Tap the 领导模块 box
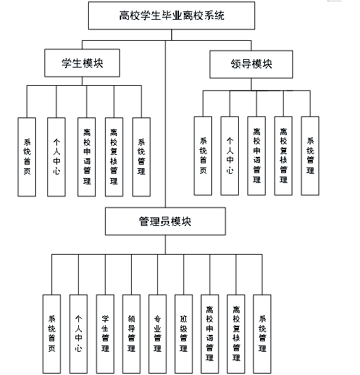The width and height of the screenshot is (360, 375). (251, 65)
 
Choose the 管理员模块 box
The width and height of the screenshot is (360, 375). (166, 221)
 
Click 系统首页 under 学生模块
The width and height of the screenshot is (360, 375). (27, 155)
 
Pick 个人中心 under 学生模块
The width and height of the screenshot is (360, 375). (56, 155)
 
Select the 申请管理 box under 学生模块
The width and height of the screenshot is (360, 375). (86, 155)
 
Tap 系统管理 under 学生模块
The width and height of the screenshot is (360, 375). (141, 155)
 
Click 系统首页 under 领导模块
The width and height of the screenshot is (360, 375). (203, 155)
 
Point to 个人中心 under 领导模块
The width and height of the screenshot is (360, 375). (229, 155)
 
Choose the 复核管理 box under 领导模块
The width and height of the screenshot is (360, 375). (283, 155)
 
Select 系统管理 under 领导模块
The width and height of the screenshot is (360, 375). (310, 155)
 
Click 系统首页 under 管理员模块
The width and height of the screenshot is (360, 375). (51, 333)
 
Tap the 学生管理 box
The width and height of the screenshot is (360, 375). (105, 333)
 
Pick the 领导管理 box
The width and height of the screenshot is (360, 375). (131, 333)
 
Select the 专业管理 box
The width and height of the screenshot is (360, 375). (157, 333)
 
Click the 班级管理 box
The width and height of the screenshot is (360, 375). (183, 333)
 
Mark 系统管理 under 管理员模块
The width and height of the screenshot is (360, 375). (262, 333)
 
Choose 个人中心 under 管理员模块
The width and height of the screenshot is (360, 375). (78, 333)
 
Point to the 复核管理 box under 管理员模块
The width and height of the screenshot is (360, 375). (236, 333)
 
